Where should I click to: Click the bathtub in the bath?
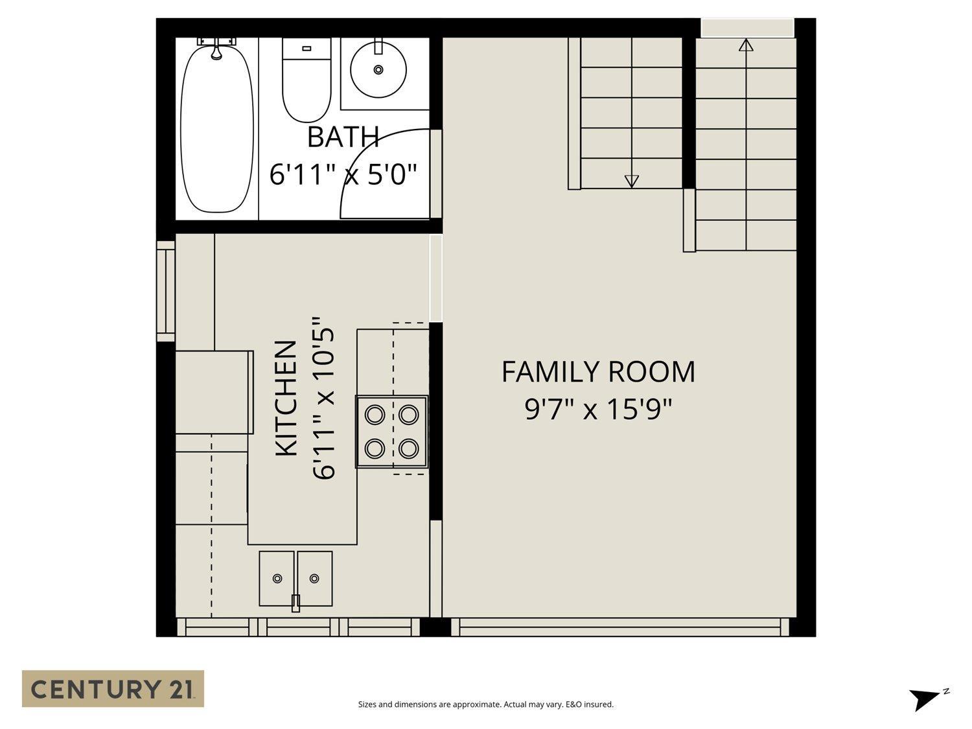(x=216, y=130)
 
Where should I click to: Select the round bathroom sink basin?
(x=378, y=69)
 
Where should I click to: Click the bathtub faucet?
(x=216, y=48)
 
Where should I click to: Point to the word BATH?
(x=343, y=137)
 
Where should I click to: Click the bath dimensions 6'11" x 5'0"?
(x=343, y=174)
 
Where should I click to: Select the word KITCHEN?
(x=286, y=399)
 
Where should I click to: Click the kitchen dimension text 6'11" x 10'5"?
(x=325, y=399)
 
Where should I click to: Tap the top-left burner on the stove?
(x=375, y=414)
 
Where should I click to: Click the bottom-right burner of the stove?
(x=408, y=448)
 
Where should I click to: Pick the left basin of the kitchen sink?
(x=277, y=578)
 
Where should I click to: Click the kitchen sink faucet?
(x=295, y=603)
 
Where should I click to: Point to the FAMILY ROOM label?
(x=598, y=372)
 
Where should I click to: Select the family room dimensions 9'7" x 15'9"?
(x=598, y=409)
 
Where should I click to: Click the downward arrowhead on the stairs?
(x=631, y=181)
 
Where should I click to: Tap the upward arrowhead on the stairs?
(x=746, y=45)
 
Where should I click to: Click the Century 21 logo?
(x=113, y=688)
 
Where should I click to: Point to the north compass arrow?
(x=923, y=699)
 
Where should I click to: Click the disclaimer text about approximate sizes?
(x=485, y=704)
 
